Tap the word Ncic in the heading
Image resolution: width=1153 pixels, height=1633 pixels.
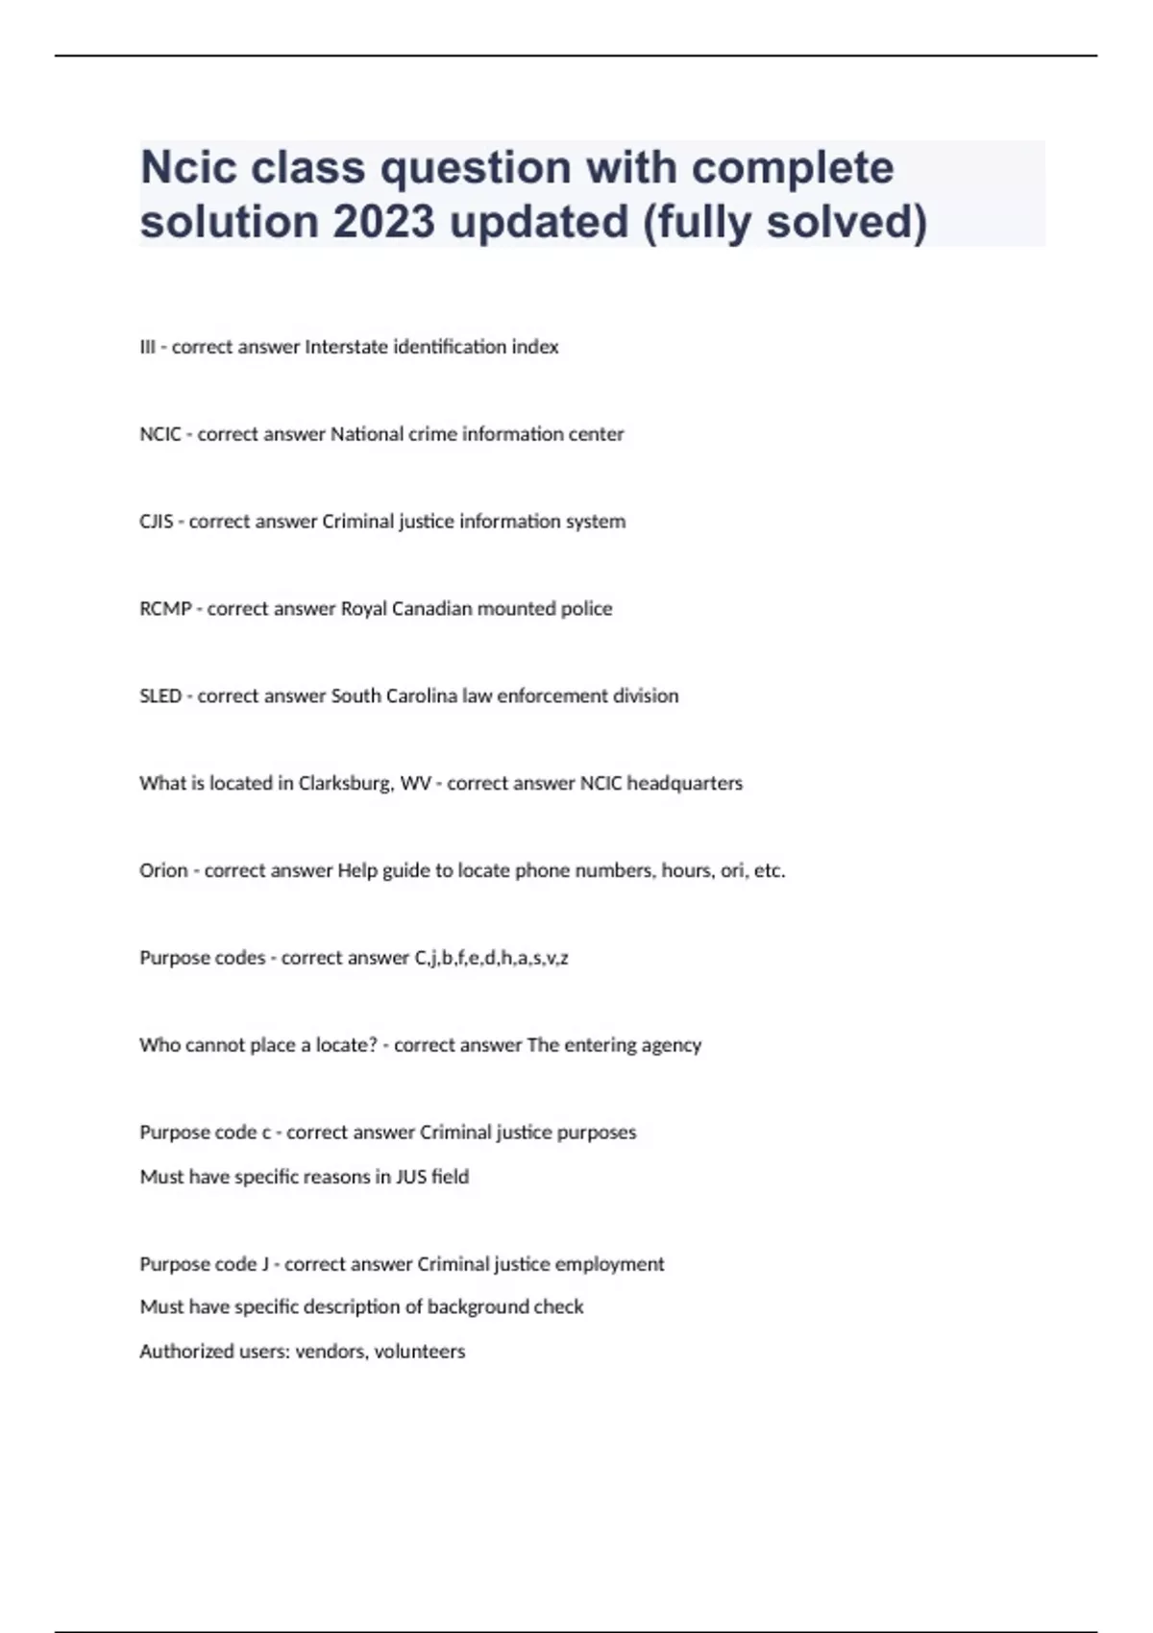(188, 168)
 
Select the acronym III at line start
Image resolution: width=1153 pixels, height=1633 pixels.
(147, 347)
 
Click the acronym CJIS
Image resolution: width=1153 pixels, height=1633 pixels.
(157, 522)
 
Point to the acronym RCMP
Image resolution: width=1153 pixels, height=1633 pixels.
(165, 609)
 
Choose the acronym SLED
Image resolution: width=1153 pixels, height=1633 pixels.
(160, 696)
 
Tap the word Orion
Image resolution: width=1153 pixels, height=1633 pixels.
(163, 871)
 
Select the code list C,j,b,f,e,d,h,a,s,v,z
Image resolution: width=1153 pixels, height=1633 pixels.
(491, 959)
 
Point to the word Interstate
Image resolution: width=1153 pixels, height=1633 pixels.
(347, 347)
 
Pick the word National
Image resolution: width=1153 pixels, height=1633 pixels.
(365, 434)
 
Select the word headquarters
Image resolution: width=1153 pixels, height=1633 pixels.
(684, 784)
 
